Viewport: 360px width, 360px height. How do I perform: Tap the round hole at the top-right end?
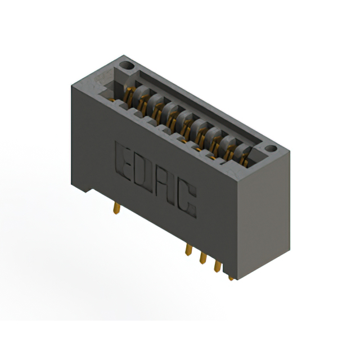(272, 149)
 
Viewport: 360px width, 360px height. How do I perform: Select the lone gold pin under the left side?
(115, 206)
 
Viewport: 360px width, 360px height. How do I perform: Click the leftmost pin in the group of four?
(188, 249)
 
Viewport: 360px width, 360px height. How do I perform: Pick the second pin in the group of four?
(202, 257)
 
